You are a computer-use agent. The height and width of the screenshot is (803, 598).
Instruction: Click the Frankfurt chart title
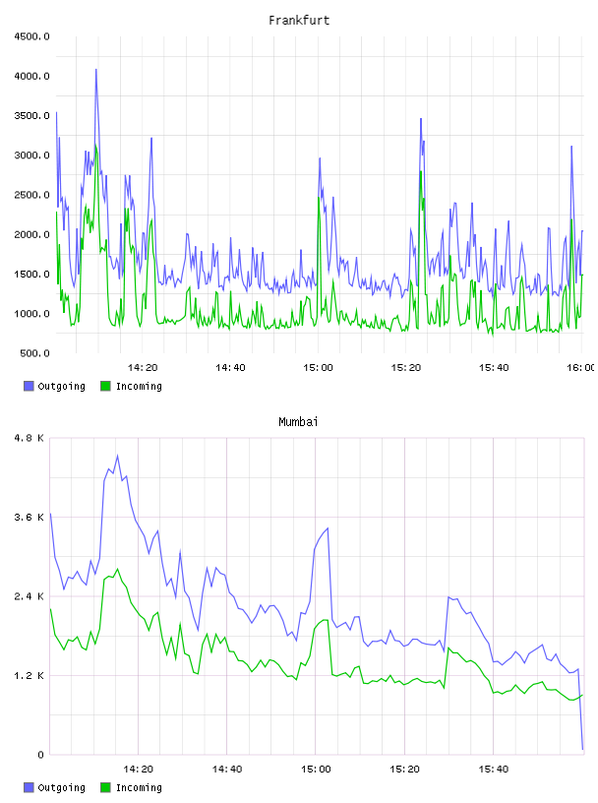coord(299,21)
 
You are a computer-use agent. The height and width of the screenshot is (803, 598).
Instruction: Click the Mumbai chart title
coord(298,422)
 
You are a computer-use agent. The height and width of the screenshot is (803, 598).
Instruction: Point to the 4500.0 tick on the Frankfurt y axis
coord(31,36)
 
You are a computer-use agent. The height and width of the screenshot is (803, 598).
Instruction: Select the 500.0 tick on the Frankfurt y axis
coord(34,353)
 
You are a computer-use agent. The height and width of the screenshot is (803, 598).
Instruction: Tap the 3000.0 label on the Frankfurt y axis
coord(31,155)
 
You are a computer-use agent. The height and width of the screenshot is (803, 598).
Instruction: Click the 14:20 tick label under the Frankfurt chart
coord(143,368)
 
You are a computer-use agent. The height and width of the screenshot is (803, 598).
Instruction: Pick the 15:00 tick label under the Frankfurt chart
coord(318,368)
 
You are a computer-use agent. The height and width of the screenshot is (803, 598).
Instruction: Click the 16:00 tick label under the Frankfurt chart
coord(581,368)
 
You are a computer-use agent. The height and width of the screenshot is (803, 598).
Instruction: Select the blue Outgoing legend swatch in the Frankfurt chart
coord(29,386)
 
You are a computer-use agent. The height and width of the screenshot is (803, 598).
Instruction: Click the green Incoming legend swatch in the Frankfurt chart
coord(105,386)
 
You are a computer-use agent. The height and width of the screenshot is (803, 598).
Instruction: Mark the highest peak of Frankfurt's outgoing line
coord(95,69)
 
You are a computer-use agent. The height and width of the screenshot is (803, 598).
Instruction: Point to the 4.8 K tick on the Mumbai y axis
coord(29,438)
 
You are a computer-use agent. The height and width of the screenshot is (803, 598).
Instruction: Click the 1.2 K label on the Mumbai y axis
coord(29,676)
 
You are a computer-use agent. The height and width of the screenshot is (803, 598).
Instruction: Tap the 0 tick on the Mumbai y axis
coord(40,755)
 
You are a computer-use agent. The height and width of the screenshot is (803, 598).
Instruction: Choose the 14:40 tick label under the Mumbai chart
coord(227,770)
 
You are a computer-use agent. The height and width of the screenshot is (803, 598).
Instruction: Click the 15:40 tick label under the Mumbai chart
coord(494,770)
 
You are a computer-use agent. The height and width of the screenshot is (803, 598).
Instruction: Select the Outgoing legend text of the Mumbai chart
coord(61,787)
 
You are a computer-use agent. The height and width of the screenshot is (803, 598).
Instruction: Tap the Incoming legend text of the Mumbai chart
coord(139,787)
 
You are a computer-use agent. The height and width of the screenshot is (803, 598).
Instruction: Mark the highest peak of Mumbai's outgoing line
coord(117,456)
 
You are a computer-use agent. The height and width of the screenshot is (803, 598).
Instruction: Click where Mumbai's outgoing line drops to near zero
coord(582,749)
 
